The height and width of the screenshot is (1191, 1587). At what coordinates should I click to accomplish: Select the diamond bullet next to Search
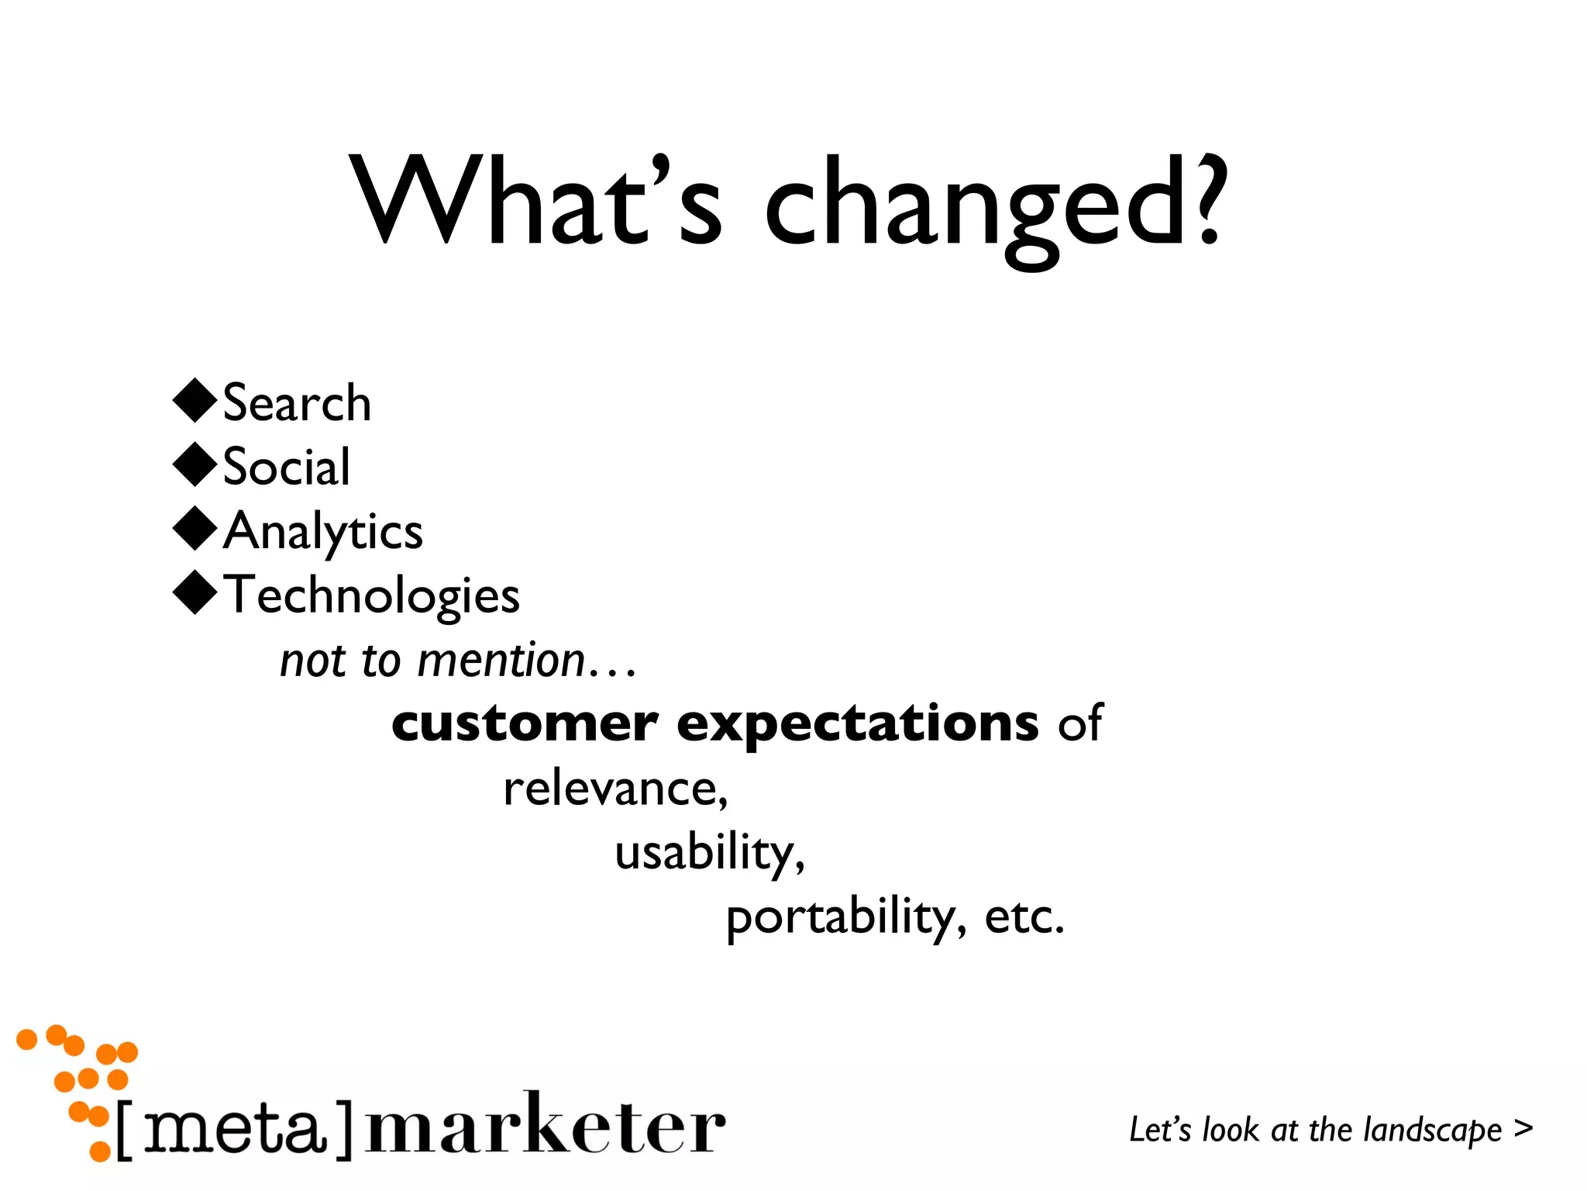[x=195, y=401]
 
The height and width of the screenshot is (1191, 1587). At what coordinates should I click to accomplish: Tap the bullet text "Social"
[x=286, y=468]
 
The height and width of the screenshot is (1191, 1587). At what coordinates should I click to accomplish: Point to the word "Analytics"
[x=323, y=533]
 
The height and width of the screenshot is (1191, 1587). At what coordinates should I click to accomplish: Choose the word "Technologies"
[x=371, y=596]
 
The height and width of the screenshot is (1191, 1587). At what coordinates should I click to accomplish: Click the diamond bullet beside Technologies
[x=195, y=593]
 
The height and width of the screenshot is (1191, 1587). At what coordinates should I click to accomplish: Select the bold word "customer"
[x=525, y=724]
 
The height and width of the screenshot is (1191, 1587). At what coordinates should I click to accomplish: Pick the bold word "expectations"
[x=857, y=724]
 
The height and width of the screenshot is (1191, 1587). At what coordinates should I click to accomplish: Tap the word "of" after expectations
[x=1080, y=724]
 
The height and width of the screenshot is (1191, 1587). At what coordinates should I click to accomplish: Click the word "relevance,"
[x=616, y=789]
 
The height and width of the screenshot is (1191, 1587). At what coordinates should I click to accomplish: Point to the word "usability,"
[x=710, y=854]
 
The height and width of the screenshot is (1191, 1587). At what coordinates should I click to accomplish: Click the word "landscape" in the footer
[x=1433, y=1131]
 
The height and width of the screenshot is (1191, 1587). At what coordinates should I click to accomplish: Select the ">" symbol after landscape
[x=1523, y=1128]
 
